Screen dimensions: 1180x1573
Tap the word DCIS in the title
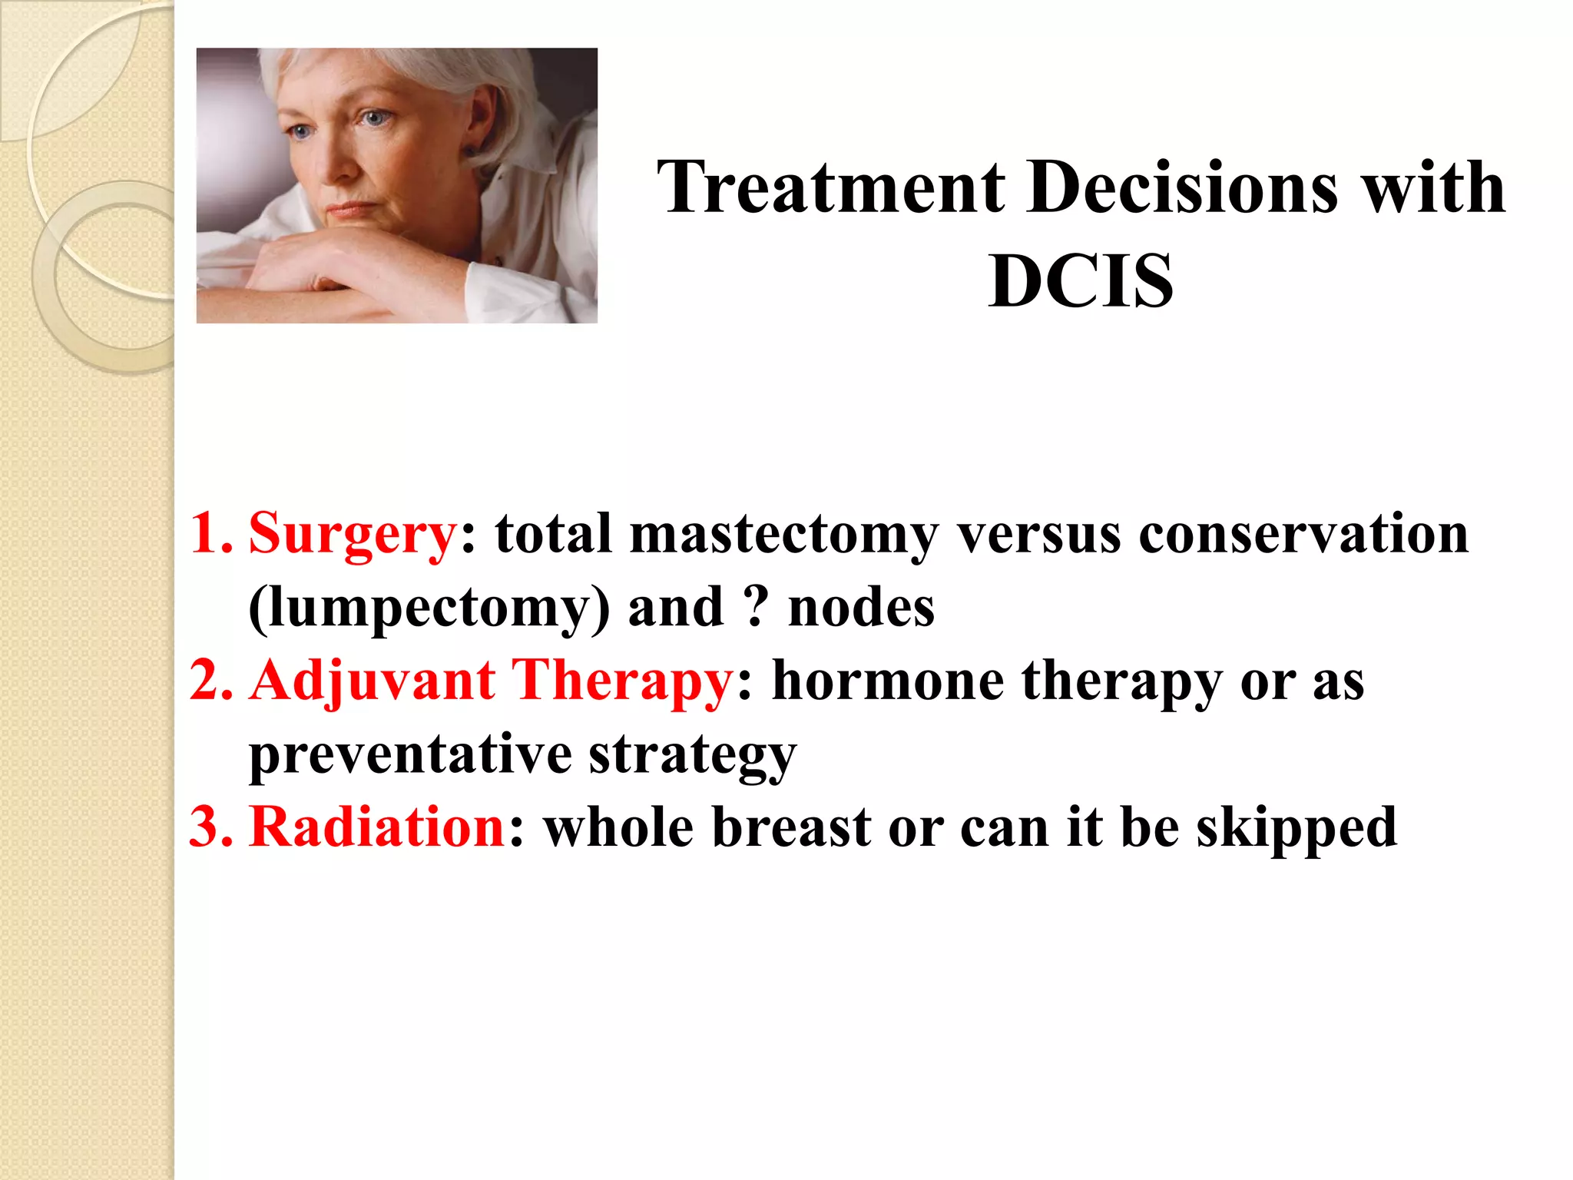click(1081, 281)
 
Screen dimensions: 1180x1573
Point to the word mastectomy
click(783, 534)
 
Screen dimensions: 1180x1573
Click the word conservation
click(1303, 534)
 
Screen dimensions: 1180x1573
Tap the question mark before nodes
click(756, 607)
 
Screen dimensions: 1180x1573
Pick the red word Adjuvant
click(373, 681)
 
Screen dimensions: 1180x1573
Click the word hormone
click(888, 681)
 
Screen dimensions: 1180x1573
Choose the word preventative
click(410, 754)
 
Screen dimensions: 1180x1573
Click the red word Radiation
click(377, 827)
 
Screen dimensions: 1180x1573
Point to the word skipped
click(1296, 829)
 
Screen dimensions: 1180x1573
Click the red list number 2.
click(210, 681)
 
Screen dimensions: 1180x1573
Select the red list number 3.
click(210, 827)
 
